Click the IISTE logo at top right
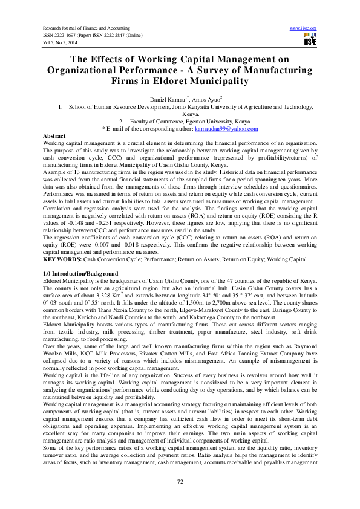click(309, 39)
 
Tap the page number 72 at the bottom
click(180, 481)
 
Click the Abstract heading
click(56, 136)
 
